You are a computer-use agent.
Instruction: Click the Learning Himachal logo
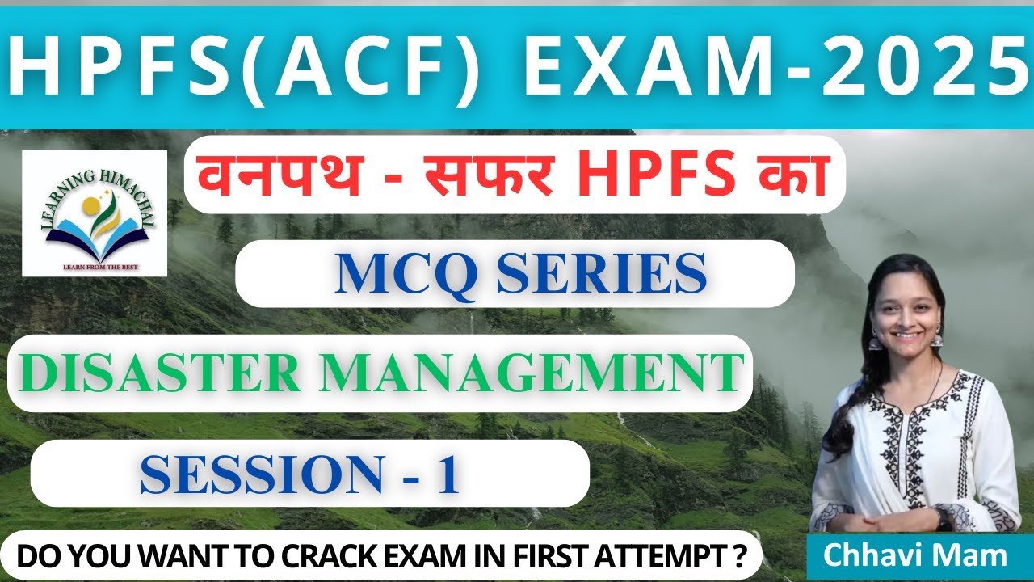click(x=95, y=213)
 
